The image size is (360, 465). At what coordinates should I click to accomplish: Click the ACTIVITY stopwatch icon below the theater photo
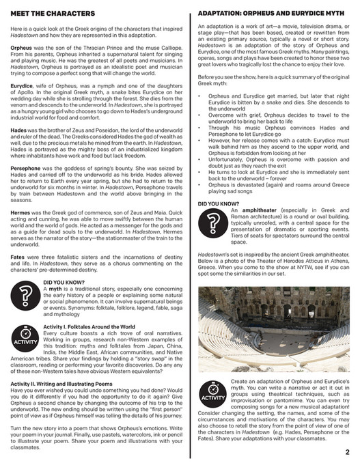213,394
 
